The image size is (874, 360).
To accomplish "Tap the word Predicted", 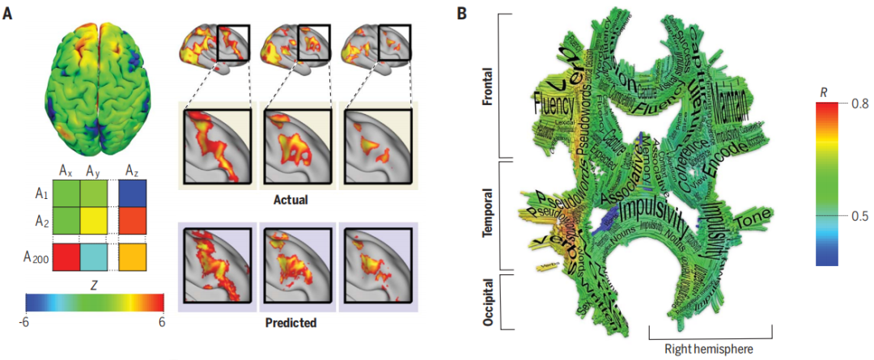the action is click(x=291, y=322).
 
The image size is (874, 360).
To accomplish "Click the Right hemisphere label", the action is click(x=711, y=348).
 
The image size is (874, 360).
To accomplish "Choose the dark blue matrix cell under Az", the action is click(x=132, y=195).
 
